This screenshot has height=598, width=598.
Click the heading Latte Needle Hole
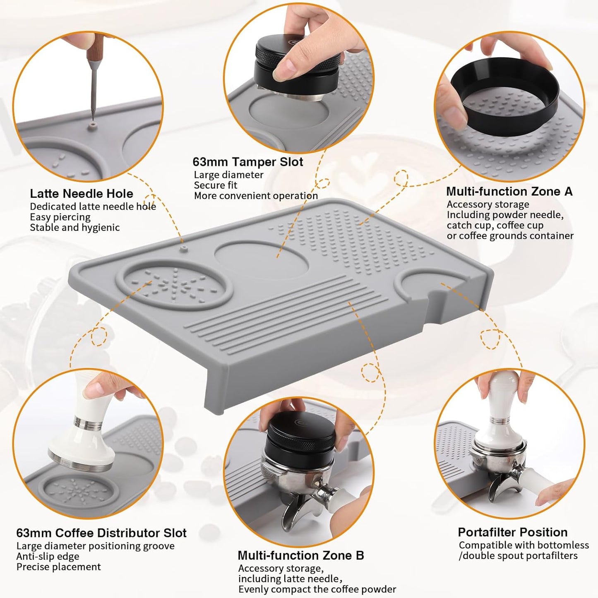(x=82, y=194)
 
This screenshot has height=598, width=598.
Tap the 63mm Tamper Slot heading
(x=247, y=162)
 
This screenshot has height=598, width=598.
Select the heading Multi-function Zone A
(x=509, y=192)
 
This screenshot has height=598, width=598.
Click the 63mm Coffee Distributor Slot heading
(x=101, y=533)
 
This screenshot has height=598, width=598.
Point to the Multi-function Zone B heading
(x=300, y=555)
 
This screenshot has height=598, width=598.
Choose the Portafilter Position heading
(x=512, y=532)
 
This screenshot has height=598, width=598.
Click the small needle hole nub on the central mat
(x=184, y=248)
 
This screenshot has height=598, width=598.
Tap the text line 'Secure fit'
(x=216, y=185)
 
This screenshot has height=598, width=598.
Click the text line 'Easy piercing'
(x=60, y=217)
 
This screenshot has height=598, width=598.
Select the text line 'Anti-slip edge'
(x=48, y=556)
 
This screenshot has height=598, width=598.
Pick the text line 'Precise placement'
(x=58, y=567)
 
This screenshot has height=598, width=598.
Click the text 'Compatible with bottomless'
(x=524, y=545)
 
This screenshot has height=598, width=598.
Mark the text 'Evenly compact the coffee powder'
(x=317, y=589)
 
